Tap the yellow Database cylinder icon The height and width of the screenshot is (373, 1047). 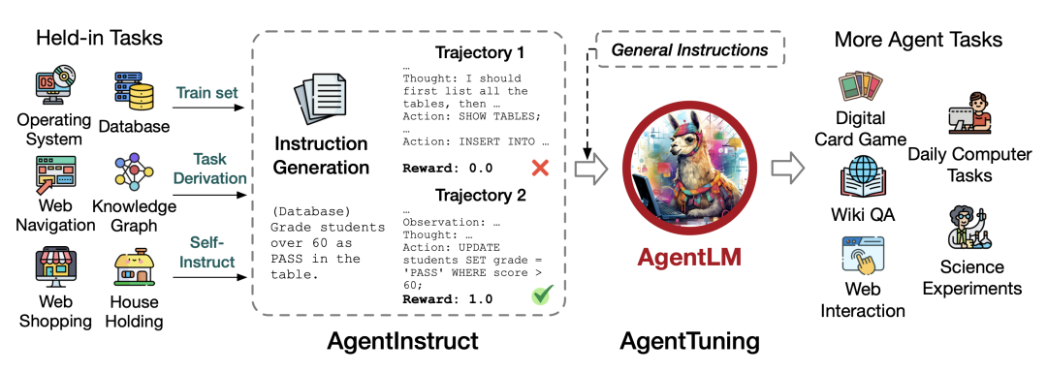pos(134,91)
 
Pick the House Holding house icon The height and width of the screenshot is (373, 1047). pos(134,270)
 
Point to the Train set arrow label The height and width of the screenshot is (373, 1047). pos(206,93)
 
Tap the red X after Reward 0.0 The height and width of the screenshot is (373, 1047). pos(540,168)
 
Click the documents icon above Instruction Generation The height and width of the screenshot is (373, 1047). pos(320,101)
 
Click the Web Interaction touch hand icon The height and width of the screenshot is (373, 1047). pos(861,260)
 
